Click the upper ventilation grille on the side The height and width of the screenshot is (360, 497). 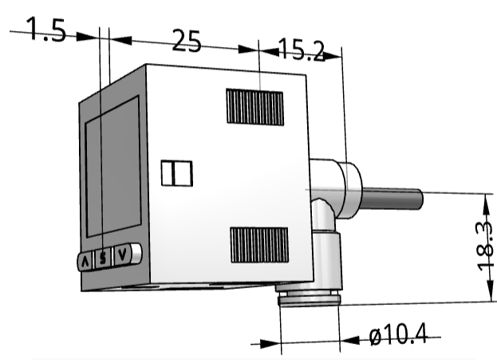click(x=254, y=106)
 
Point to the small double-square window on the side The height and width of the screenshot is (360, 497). click(x=177, y=172)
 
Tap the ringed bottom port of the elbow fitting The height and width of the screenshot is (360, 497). click(x=309, y=299)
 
